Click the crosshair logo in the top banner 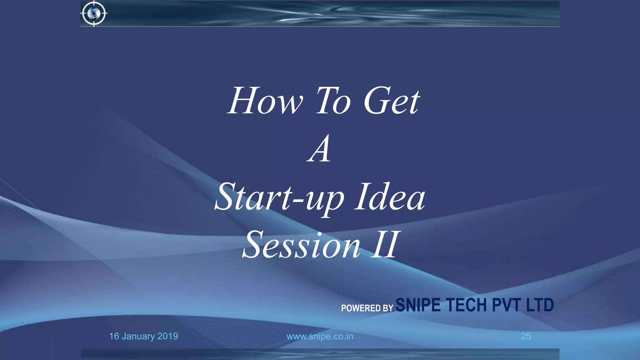[x=94, y=13]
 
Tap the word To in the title [x=333, y=101]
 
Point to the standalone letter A [x=319, y=149]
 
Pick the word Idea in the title [x=390, y=197]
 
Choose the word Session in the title [x=302, y=245]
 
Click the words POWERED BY [x=367, y=308]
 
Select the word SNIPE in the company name [x=418, y=305]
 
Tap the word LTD [x=540, y=305]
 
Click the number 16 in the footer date [x=114, y=336]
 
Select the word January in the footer [x=138, y=337]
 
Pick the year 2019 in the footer [x=168, y=336]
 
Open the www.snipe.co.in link [x=320, y=337]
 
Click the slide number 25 [x=526, y=336]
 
